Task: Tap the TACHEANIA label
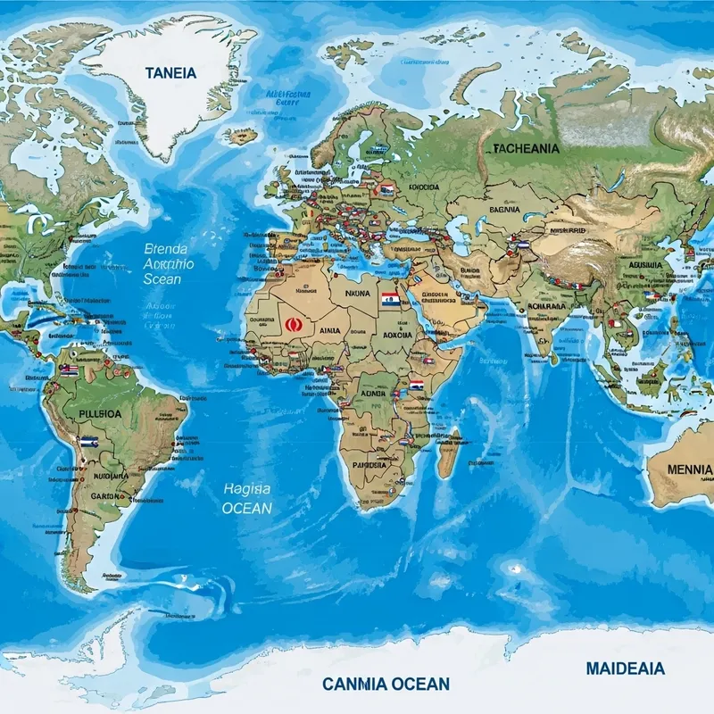pos(527,149)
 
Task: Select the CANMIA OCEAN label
pos(386,684)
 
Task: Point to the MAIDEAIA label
pos(625,667)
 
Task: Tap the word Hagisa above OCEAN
pos(246,488)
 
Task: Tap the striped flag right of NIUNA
pos(389,299)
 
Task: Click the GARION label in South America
pos(108,498)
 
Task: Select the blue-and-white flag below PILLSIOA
pos(87,441)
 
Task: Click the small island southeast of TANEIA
pos(240,136)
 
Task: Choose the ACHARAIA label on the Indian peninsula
pos(548,306)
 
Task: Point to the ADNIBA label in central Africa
pos(374,392)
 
